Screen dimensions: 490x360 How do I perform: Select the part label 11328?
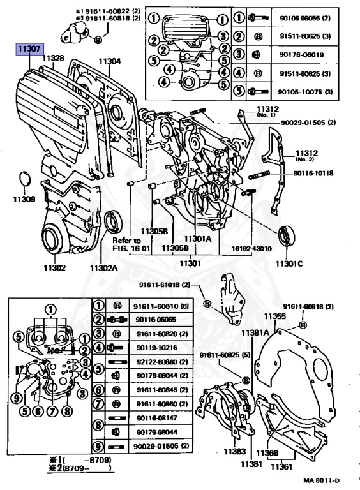point(53,58)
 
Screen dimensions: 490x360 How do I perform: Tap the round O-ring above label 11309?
point(24,179)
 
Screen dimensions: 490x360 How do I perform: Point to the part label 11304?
point(109,62)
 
